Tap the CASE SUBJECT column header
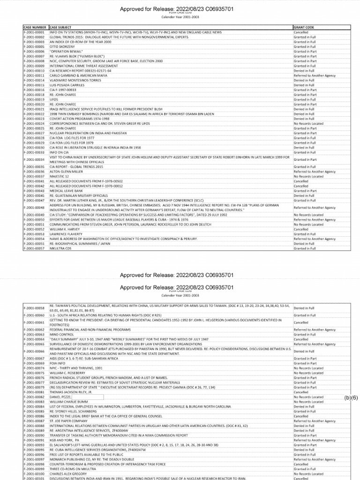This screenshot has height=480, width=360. [x=60, y=28]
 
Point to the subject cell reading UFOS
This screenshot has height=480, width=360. [x=53, y=99]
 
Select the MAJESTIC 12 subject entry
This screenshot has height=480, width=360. [x=58, y=177]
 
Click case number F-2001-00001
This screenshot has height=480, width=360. [x=34, y=32]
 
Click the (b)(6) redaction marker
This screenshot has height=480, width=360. [x=351, y=397]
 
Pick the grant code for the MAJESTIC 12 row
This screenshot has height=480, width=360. [x=308, y=177]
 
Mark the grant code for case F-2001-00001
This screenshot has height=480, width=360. [x=303, y=32]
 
